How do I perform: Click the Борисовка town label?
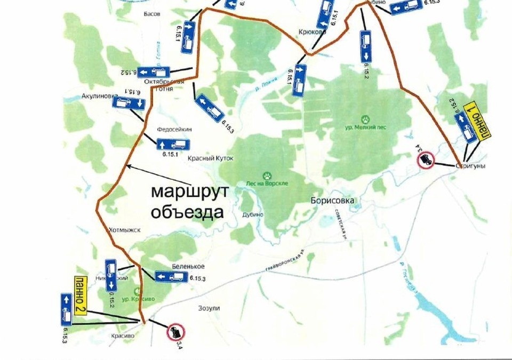[x=332, y=201]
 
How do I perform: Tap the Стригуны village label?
[x=470, y=166]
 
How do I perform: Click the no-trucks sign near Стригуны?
[x=425, y=159]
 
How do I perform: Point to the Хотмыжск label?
[x=124, y=230]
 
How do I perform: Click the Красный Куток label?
[x=211, y=158]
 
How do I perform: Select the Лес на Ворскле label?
[x=267, y=183]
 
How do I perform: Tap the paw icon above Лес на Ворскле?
[x=267, y=174]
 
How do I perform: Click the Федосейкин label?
[x=174, y=130]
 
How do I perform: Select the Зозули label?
[x=209, y=308]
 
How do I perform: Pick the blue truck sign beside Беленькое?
[x=171, y=276]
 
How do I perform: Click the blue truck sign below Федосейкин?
[x=173, y=144]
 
